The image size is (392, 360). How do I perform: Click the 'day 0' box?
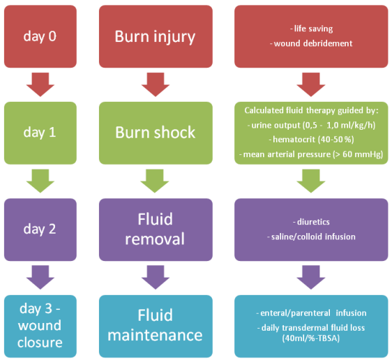pyautogui.click(x=40, y=36)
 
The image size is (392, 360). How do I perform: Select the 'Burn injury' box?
pyautogui.click(x=156, y=36)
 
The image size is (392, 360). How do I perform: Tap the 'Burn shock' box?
pyautogui.click(x=156, y=133)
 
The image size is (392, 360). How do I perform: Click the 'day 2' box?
pyautogui.click(x=40, y=230)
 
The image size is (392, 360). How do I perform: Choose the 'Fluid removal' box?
pyautogui.click(x=156, y=230)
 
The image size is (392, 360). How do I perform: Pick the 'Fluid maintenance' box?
pyautogui.click(x=156, y=327)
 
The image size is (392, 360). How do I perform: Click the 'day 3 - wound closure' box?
pyautogui.click(x=40, y=327)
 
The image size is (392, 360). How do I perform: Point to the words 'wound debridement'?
pyautogui.click(x=313, y=43)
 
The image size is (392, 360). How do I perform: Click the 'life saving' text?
pyautogui.click(x=313, y=29)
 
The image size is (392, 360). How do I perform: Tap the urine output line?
pyautogui.click(x=311, y=125)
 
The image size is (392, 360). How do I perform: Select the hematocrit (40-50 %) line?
pyautogui.click(x=311, y=140)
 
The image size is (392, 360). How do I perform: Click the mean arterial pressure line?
pyautogui.click(x=311, y=154)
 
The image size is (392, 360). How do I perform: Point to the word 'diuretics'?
pyautogui.click(x=313, y=222)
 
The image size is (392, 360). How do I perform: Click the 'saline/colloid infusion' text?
pyautogui.click(x=313, y=237)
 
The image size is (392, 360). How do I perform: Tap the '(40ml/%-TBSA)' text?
pyautogui.click(x=311, y=338)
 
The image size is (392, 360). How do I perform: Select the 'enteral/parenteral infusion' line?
pyautogui.click(x=311, y=313)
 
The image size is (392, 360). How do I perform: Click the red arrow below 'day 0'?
pyautogui.click(x=40, y=84)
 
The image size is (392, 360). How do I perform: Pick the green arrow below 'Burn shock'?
pyautogui.click(x=155, y=181)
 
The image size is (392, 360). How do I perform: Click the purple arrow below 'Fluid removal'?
pyautogui.click(x=156, y=278)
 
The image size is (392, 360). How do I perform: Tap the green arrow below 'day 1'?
pyautogui.click(x=40, y=181)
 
